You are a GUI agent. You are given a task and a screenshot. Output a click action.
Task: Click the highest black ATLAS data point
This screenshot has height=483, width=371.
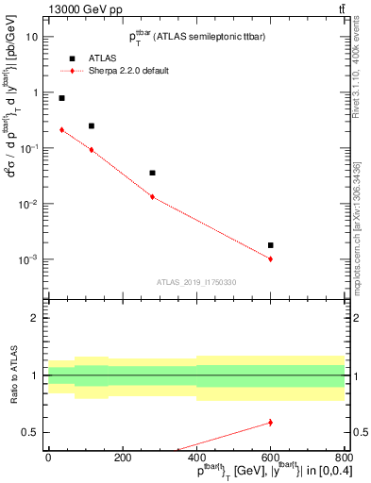coord(62,98)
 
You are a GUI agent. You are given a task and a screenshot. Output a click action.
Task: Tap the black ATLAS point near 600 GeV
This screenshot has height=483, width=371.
coord(270,245)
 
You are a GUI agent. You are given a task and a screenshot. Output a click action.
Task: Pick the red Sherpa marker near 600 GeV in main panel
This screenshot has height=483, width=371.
coord(270,258)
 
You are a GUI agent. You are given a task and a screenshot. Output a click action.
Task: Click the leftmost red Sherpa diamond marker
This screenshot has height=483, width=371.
coord(62,130)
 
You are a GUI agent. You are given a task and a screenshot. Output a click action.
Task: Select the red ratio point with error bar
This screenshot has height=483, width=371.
coord(270,423)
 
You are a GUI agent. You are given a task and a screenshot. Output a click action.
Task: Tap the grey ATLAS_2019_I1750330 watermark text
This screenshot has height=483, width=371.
coord(195,282)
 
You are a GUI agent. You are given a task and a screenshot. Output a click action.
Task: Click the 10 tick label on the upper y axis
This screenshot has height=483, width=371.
coord(32,37)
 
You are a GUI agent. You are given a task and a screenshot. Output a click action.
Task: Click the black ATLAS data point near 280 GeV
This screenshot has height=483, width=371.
coord(152,173)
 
